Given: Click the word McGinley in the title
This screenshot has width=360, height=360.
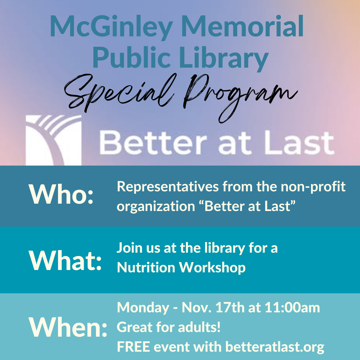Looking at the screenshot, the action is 111,27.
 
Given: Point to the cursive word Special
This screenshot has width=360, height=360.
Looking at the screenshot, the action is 119,93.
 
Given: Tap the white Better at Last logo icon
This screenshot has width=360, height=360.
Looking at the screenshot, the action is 53,140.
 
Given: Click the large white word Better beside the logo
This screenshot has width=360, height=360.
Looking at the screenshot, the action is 152,143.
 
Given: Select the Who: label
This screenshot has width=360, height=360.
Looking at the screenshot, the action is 61,194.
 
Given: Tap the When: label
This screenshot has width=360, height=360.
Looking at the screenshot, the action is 68,327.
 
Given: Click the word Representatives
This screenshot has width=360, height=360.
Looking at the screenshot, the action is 168,186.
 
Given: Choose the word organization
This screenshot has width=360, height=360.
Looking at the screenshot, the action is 156,207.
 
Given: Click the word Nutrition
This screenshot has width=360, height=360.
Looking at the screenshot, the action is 146,267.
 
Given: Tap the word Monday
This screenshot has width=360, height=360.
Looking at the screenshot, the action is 143,308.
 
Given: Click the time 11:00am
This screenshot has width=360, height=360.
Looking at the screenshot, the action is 292,307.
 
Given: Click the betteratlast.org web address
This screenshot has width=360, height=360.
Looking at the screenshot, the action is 275,347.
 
